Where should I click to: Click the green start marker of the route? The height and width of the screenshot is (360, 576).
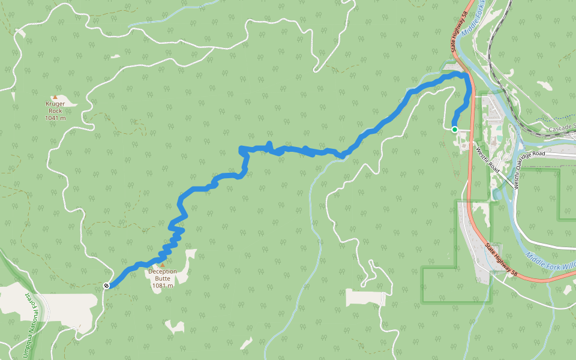coord(455,129)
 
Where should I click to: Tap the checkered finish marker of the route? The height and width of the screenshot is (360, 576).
coord(106,286)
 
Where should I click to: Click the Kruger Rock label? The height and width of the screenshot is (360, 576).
coord(55,107)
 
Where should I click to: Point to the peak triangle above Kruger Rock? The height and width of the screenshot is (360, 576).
coord(55,97)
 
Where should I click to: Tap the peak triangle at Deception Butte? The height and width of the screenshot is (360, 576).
coord(161,264)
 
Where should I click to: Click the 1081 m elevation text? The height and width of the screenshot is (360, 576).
coord(163,286)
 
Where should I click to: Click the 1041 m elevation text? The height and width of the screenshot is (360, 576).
coord(55,118)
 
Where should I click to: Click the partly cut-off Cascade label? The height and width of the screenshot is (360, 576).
coord(562,128)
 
